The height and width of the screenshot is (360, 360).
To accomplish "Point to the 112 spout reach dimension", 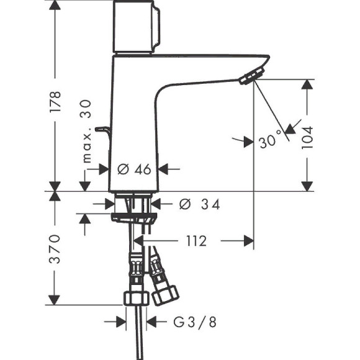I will pyautogui.click(x=195, y=241).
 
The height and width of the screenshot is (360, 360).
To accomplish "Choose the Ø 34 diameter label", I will pyautogui.click(x=199, y=204).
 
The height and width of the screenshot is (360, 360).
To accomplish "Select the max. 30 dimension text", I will pyautogui.click(x=86, y=130).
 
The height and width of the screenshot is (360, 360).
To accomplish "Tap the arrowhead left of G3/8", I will pyautogui.click(x=121, y=322).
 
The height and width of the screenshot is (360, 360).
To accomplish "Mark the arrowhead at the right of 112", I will pyautogui.click(x=248, y=241).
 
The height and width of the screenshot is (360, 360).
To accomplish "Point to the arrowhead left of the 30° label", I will pyautogui.click(x=248, y=141).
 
